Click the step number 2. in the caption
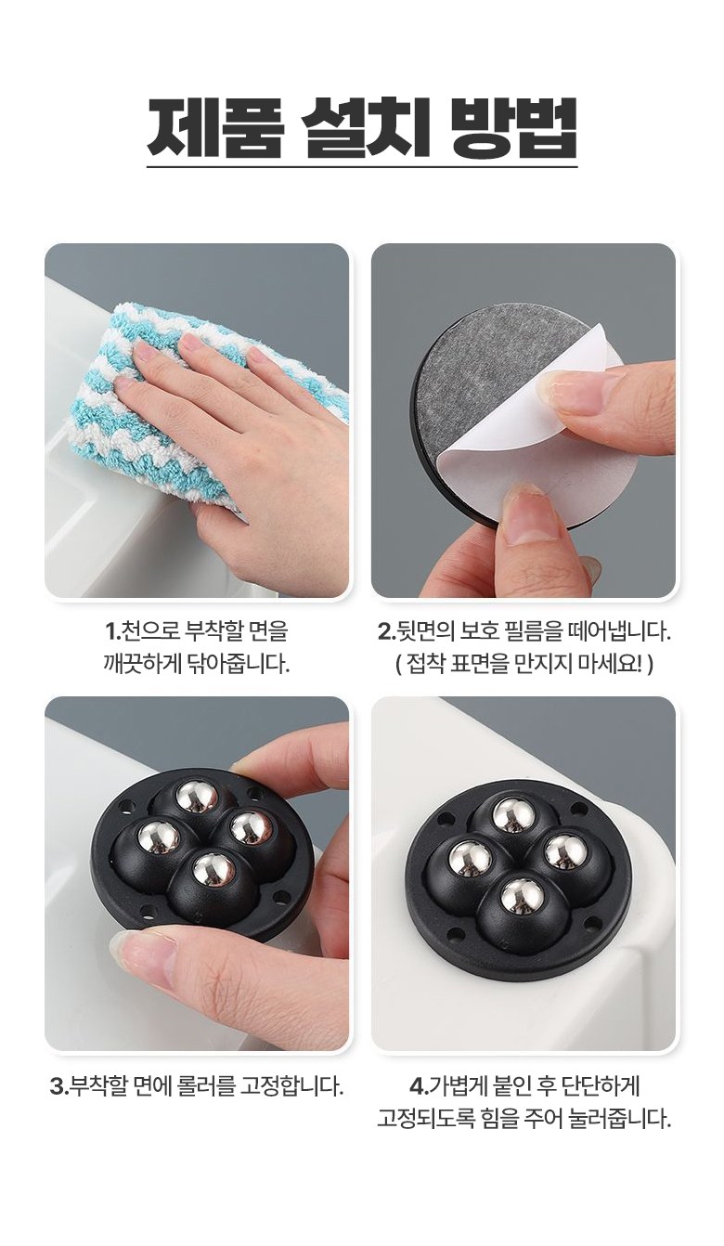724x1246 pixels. (x=386, y=632)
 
